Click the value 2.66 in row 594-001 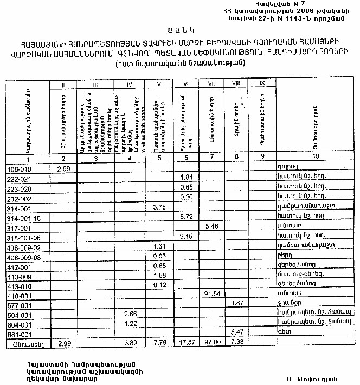(130, 314)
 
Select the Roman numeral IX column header (262, 83)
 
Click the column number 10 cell (316, 157)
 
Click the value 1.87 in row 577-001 (236, 303)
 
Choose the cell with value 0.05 (159, 256)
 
